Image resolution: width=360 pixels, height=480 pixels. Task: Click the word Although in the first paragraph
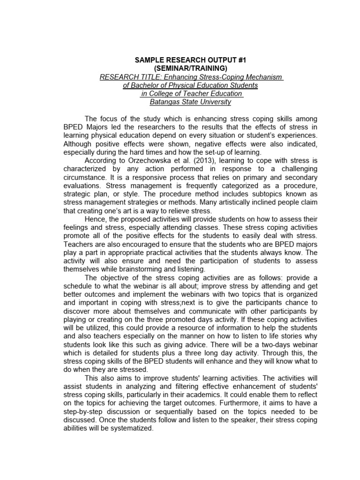78,144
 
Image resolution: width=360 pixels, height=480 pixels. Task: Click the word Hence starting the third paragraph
95,219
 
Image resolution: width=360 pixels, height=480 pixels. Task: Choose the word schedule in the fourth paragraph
77,286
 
